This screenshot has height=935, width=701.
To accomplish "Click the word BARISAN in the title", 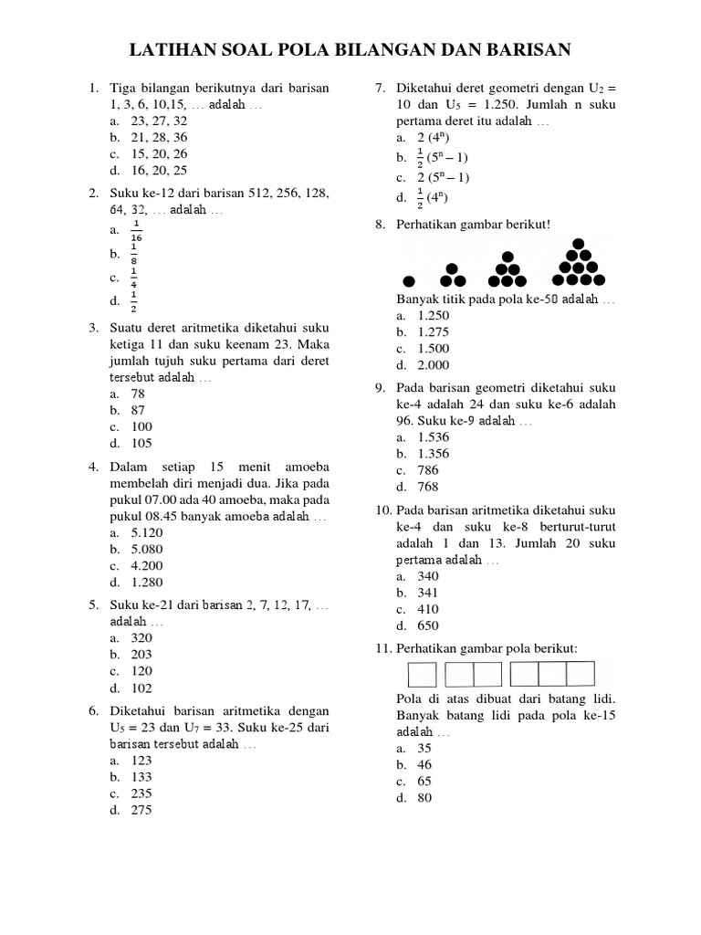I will click(521, 48).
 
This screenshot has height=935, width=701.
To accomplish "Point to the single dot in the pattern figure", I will click(410, 280).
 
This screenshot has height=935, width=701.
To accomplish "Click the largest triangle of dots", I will click(578, 264).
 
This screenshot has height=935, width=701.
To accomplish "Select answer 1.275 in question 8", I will click(433, 332).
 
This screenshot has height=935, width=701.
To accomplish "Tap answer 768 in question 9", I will click(428, 487).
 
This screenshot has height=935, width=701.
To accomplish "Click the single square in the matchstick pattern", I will click(422, 674).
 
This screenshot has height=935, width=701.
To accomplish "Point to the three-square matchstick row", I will click(552, 674).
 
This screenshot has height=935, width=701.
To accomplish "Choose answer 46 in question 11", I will click(424, 764).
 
